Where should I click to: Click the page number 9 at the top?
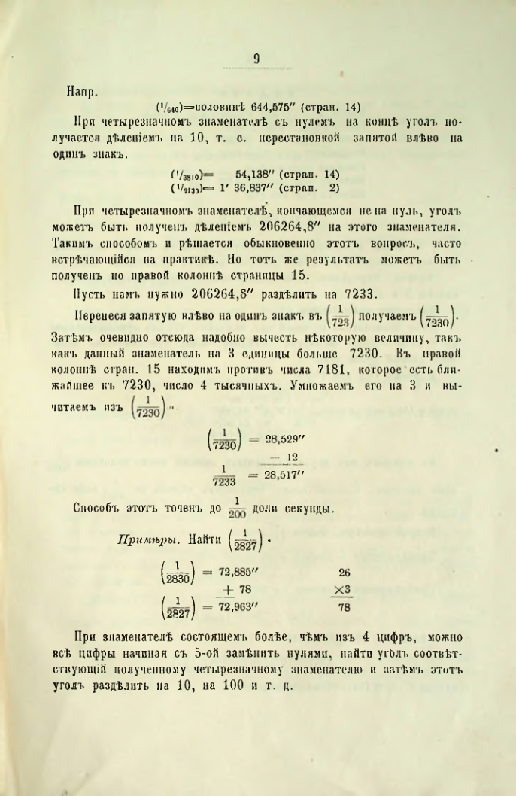point(256,55)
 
